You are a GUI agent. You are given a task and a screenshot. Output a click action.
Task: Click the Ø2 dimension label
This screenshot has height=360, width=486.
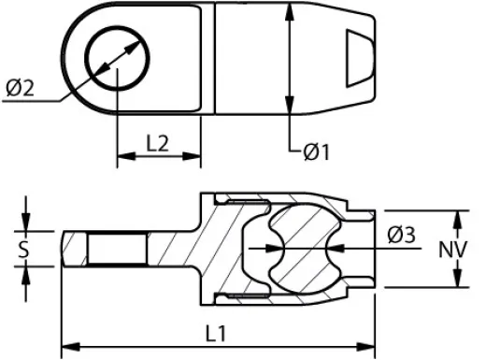(x=20, y=88)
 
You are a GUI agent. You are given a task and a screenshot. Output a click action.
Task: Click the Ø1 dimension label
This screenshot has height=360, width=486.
(x=317, y=152)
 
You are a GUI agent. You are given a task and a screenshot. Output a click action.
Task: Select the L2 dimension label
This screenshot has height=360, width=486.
(x=157, y=143)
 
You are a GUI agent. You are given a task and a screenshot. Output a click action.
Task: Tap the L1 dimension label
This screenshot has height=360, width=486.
(x=216, y=333)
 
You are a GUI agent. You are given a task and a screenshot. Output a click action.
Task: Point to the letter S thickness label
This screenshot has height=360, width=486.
(x=23, y=249)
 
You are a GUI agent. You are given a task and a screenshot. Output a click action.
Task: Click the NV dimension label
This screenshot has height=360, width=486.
(x=453, y=250)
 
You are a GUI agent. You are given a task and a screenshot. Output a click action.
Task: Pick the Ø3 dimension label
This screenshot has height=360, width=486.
(x=401, y=235)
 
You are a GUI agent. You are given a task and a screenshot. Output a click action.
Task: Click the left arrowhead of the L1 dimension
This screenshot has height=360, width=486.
(x=71, y=347)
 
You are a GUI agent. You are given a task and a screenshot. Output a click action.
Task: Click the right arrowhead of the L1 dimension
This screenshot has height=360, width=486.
(x=365, y=347)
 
